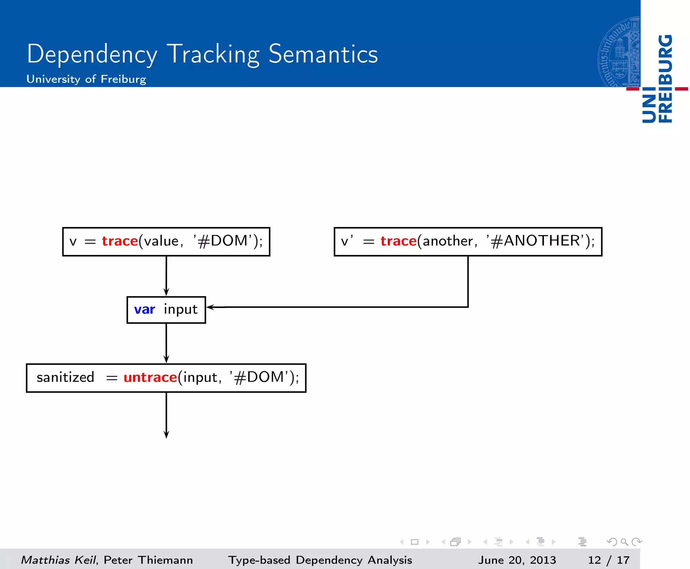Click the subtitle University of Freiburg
[86, 79]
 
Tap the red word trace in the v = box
[120, 241]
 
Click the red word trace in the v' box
[399, 241]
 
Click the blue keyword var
[145, 309]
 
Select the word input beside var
[181, 309]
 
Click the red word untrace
[150, 377]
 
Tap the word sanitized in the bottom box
[65, 377]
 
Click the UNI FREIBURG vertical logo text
[657, 79]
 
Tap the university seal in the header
[619, 52]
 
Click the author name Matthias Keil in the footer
[59, 560]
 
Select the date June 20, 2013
[517, 560]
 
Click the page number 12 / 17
[608, 560]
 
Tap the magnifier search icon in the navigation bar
[624, 542]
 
